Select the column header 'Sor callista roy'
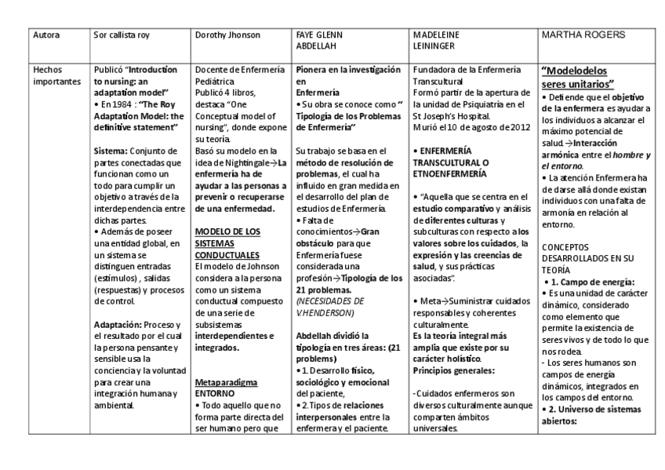(122, 35)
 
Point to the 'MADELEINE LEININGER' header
(436, 41)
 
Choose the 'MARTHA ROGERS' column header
(582, 36)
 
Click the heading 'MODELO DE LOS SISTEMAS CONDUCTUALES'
(227, 243)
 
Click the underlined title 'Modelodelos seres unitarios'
(579, 77)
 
